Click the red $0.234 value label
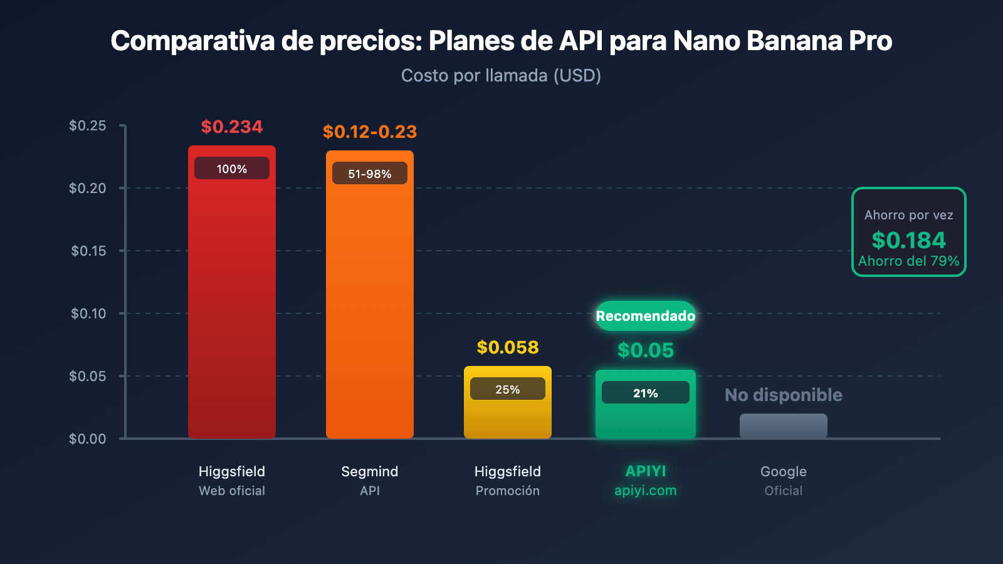click(232, 127)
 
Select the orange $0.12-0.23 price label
click(369, 132)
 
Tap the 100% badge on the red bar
click(232, 169)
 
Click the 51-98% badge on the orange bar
click(369, 174)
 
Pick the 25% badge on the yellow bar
click(507, 389)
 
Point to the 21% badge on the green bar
click(645, 393)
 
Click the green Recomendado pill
click(645, 316)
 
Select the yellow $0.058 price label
click(507, 347)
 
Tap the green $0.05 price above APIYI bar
click(645, 350)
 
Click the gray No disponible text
click(783, 395)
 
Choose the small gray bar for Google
click(783, 426)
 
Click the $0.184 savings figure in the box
click(908, 240)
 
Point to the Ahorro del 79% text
click(908, 261)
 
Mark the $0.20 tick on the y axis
click(88, 188)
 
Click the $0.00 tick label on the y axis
click(88, 439)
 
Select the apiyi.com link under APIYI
click(645, 491)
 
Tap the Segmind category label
click(369, 471)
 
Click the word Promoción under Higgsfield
click(507, 491)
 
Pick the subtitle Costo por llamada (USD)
click(501, 76)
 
